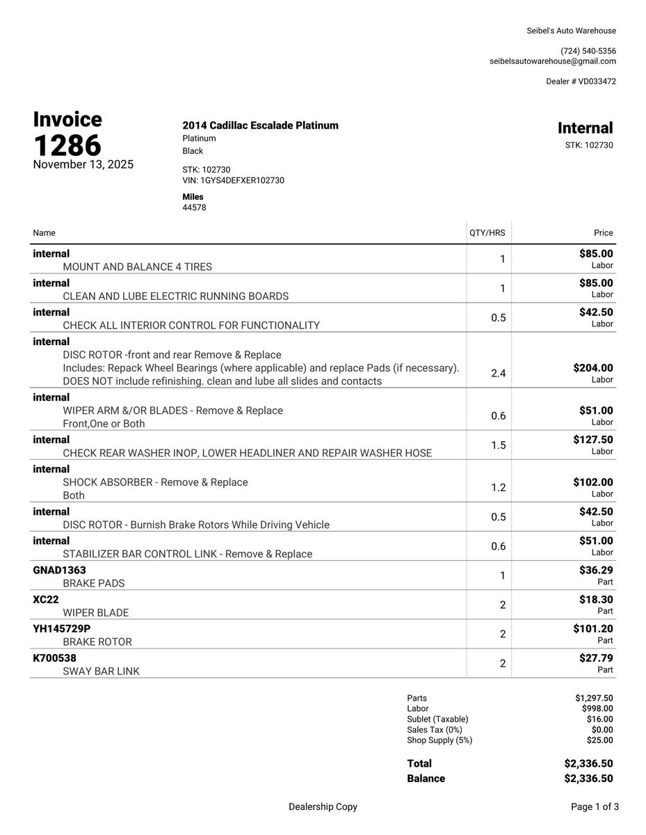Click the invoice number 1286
(67, 145)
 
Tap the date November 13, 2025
(83, 165)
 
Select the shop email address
(553, 61)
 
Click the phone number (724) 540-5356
(588, 51)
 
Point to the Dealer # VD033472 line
(581, 81)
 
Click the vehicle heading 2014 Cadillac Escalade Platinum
(260, 126)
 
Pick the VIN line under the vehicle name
(233, 180)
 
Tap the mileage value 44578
(194, 207)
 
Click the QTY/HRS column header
(487, 233)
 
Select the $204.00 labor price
(593, 367)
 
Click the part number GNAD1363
(60, 571)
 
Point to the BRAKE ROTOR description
(97, 642)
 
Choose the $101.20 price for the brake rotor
(593, 629)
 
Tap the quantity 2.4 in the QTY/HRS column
(499, 374)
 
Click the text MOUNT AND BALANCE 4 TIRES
(138, 267)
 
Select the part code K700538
(55, 658)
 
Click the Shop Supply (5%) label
(439, 740)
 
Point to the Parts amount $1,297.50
(594, 698)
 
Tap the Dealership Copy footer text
(323, 807)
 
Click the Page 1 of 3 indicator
(595, 807)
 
